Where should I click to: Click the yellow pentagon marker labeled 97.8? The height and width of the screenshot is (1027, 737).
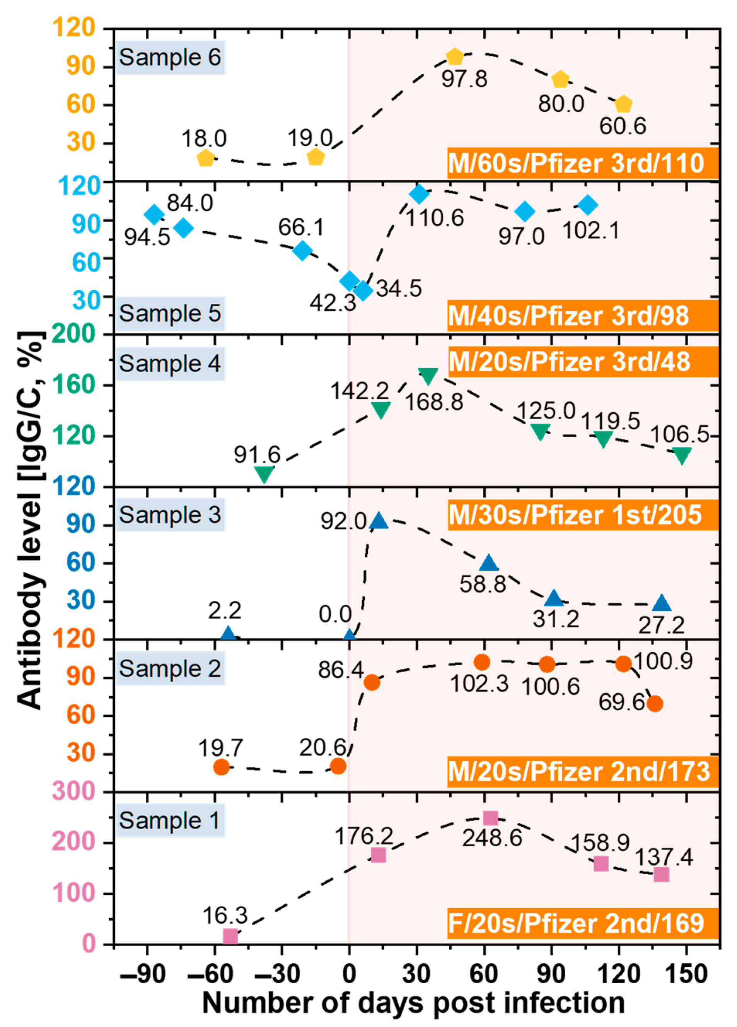(x=454, y=56)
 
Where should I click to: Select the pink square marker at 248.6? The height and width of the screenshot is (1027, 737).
(x=490, y=818)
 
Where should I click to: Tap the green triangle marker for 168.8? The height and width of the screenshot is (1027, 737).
(x=428, y=375)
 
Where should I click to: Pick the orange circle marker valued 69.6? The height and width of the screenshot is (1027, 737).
(x=655, y=704)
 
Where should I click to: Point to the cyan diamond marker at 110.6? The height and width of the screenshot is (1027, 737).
(x=419, y=194)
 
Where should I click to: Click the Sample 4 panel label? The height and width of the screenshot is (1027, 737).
(x=170, y=364)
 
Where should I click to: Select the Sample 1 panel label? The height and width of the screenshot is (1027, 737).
(x=170, y=820)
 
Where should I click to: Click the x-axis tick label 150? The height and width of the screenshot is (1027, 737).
(x=687, y=974)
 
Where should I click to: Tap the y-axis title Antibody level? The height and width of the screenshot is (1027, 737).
(x=31, y=521)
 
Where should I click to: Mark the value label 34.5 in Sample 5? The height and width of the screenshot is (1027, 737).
(x=399, y=289)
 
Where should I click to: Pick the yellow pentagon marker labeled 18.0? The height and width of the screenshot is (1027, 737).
(x=206, y=159)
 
